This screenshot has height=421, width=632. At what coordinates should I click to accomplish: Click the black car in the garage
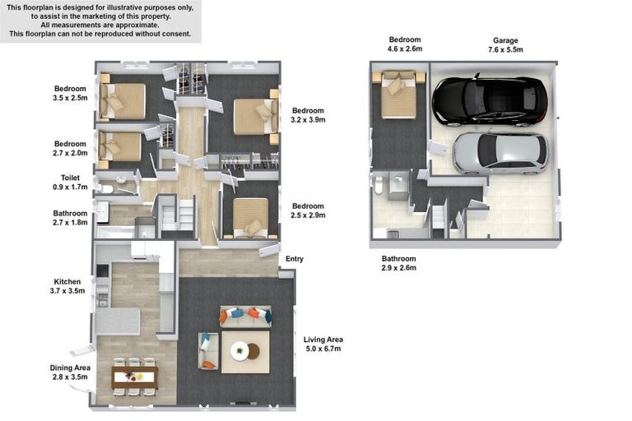click(x=490, y=100)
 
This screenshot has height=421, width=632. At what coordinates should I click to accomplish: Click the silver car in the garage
click(x=500, y=153)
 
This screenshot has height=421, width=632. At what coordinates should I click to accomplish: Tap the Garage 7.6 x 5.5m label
click(x=505, y=45)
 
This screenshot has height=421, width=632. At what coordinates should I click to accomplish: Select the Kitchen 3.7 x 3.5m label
click(x=67, y=286)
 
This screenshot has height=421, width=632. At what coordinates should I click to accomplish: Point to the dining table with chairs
click(x=135, y=377)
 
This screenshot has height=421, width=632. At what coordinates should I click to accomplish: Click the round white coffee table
click(x=239, y=350)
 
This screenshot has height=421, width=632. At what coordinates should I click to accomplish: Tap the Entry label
click(x=295, y=259)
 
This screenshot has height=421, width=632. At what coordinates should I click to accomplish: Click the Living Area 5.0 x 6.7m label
click(x=323, y=344)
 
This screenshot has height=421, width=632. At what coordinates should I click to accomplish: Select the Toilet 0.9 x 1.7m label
click(x=70, y=182)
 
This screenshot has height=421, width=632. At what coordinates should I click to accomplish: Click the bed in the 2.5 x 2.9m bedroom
click(x=250, y=217)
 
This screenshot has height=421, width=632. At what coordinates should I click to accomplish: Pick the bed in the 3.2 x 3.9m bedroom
click(x=256, y=116)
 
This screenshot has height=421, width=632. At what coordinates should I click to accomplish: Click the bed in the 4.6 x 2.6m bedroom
click(x=398, y=95)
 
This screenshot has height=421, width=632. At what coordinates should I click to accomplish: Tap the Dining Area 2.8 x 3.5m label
click(x=70, y=372)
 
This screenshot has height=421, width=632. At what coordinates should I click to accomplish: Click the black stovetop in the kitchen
click(x=102, y=271)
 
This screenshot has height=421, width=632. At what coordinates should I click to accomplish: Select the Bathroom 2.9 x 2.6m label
click(x=398, y=263)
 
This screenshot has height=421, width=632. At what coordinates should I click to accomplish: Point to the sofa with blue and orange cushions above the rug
click(x=245, y=316)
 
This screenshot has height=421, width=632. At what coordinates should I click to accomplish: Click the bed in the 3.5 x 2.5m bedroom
click(x=122, y=100)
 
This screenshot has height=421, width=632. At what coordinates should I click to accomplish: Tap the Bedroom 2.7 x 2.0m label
click(x=70, y=148)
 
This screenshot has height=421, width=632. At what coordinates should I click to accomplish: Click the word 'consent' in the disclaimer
click(x=178, y=34)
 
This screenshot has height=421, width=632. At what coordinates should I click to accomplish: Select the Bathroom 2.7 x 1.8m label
click(x=70, y=218)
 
